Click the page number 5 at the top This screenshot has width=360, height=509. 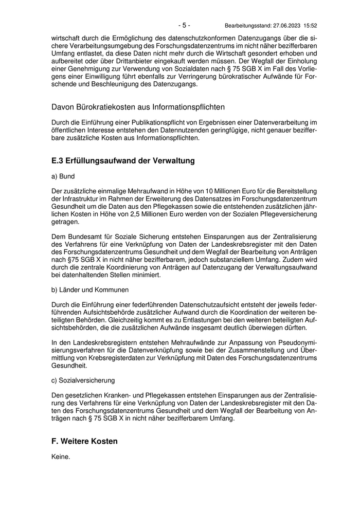185,25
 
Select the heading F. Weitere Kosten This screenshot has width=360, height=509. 84,441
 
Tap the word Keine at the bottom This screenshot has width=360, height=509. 60,457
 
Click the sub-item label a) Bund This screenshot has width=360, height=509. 63,176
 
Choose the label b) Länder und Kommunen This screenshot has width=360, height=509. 90,289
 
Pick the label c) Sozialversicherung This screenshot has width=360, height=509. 83,380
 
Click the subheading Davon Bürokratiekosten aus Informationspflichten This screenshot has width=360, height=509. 138,107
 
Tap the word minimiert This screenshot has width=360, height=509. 146,275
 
